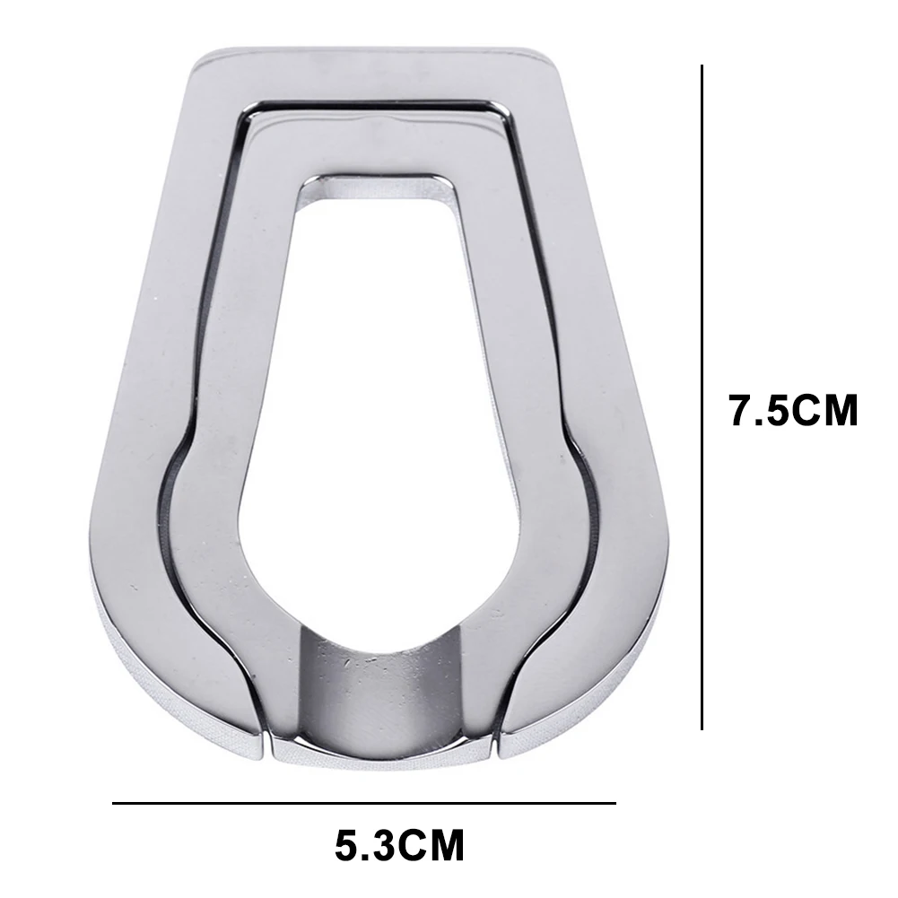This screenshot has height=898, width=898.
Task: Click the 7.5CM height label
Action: (x=794, y=410)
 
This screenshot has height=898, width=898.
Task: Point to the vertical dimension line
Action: (x=702, y=397)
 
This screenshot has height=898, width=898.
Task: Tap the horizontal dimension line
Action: (x=363, y=804)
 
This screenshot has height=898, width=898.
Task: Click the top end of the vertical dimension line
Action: (x=702, y=65)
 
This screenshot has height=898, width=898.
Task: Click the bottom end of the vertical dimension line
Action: (x=702, y=729)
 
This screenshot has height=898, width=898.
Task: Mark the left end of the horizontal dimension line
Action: (x=113, y=804)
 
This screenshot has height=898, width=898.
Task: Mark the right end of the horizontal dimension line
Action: (x=615, y=804)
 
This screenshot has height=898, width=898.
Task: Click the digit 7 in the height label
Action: (x=742, y=410)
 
